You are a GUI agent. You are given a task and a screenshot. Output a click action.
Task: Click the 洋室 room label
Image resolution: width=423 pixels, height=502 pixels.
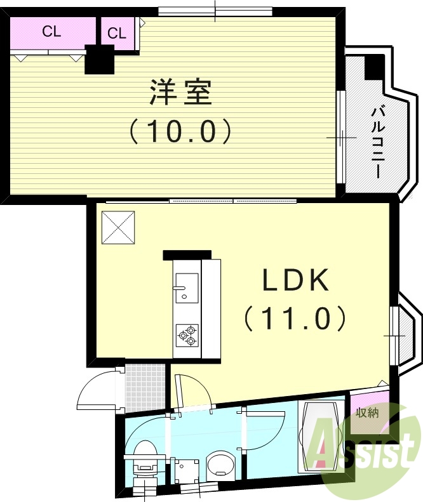pos(180,93)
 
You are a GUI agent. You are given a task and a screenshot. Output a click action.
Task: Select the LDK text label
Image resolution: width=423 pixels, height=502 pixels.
pos(296,280)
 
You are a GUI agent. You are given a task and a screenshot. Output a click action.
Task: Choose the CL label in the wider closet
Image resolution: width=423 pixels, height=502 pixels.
pos(52,32)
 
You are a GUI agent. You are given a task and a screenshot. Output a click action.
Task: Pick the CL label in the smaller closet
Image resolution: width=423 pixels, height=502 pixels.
pos(117,34)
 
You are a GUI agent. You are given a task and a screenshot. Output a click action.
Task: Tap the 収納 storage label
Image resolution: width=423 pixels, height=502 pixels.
pos(367,413)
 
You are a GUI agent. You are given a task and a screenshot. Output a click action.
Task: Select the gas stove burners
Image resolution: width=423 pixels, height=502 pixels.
pos(187,334)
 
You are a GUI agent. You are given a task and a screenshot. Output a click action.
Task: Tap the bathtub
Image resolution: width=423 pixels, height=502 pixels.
pos(321,437)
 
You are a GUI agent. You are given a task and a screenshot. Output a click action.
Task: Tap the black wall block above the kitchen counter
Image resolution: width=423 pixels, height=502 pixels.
pos(187,255)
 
